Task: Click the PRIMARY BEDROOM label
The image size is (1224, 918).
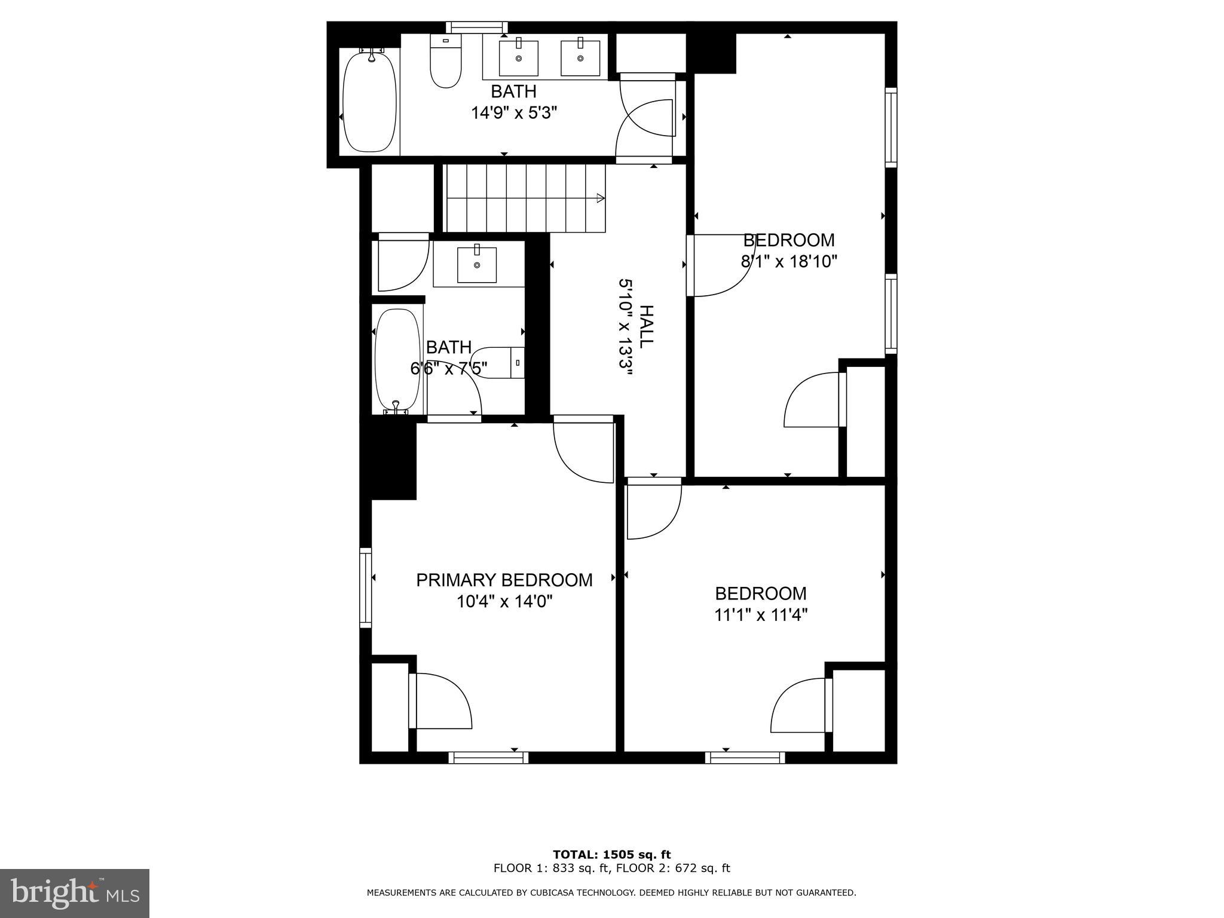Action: (x=504, y=580)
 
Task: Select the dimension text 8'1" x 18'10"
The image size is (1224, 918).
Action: (x=788, y=261)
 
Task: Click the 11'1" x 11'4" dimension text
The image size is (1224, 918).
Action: (x=760, y=615)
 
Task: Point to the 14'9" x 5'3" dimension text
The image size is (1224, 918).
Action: (x=514, y=113)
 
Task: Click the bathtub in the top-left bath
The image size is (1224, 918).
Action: (x=369, y=102)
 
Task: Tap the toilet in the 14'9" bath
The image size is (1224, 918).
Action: (x=446, y=63)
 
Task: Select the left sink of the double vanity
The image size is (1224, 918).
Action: (x=518, y=58)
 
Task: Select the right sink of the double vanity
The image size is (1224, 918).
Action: (x=580, y=58)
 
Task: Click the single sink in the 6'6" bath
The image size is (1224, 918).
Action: (x=476, y=264)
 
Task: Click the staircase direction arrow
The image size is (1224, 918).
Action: (x=600, y=198)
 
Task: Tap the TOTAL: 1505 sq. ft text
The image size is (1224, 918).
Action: (x=611, y=855)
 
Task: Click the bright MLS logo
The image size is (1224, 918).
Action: (x=75, y=893)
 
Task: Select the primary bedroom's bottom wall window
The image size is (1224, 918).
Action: (x=488, y=758)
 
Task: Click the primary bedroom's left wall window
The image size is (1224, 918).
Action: (x=365, y=587)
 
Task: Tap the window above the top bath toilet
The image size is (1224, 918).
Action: (x=477, y=27)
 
